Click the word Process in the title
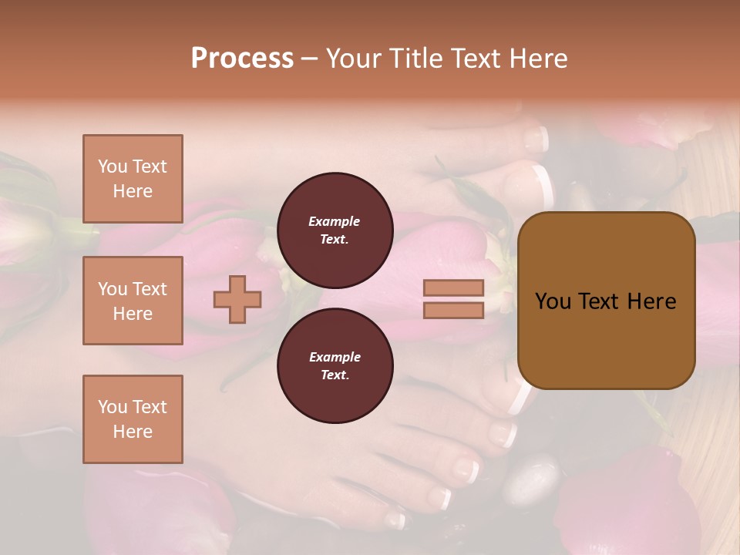pos(242,59)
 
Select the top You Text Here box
pos(133,179)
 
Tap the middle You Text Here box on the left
pos(133,301)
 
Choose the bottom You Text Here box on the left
pos(133,419)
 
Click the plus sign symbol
pos(237,299)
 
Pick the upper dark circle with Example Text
pos(335,230)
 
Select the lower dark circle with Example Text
pos(335,366)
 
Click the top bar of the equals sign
pos(454,288)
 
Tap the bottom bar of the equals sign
pos(454,310)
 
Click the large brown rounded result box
pos(606,300)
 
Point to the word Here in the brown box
pos(651,301)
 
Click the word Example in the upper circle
pos(335,221)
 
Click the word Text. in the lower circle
pos(335,375)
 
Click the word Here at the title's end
pos(539,59)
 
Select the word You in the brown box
pos(553,301)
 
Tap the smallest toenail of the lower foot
pos(396,521)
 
